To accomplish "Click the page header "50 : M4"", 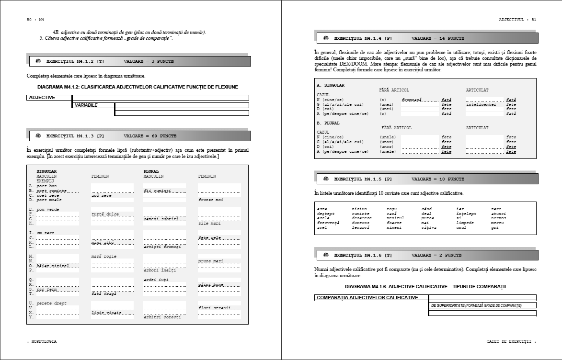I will [x=35, y=20].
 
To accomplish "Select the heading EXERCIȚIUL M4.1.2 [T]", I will [x=75, y=61].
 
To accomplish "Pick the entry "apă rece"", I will [x=102, y=195].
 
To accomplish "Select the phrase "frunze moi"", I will [x=210, y=200].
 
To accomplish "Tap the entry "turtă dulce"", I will [x=105, y=214].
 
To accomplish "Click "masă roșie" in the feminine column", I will [x=103, y=257].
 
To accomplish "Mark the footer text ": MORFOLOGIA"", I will [x=42, y=341].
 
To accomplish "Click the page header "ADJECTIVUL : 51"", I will [x=517, y=20].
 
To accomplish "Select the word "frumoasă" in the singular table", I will [x=412, y=100].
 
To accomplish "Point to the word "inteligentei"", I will [x=481, y=104].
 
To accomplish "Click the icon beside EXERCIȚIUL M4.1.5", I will [x=326, y=179].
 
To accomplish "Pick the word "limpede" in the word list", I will [x=465, y=223].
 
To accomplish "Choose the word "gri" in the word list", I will [x=495, y=227].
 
